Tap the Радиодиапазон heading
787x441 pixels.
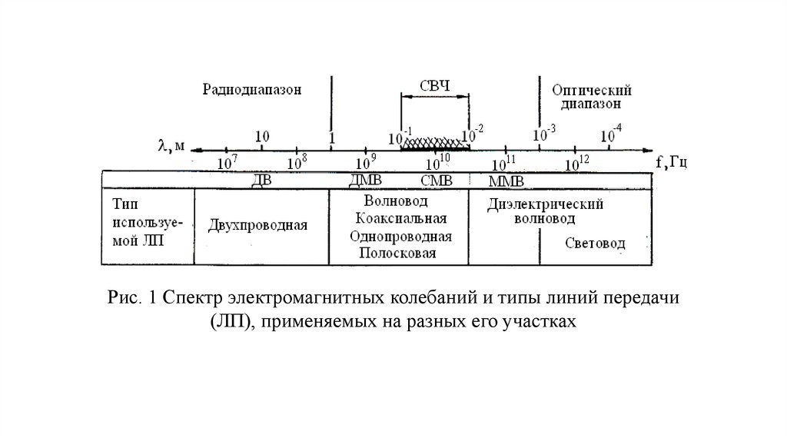[252, 88]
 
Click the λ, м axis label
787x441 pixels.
[172, 145]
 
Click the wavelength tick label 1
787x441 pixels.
[331, 138]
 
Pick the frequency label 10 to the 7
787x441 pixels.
[228, 163]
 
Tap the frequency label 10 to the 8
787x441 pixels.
[296, 163]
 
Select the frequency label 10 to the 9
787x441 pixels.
[365, 163]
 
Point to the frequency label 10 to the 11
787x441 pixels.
[504, 163]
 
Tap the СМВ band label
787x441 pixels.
[436, 180]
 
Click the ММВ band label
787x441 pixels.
[506, 181]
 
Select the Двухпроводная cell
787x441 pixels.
[257, 226]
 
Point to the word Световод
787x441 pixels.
[595, 244]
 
